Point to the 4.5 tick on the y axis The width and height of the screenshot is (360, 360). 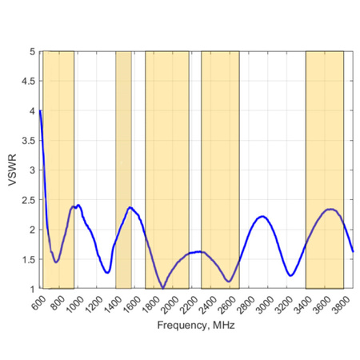pyautogui.click(x=30, y=81)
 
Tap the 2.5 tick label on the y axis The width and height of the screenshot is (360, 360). pyautogui.click(x=30, y=200)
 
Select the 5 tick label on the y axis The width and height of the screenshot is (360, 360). pyautogui.click(x=33, y=51)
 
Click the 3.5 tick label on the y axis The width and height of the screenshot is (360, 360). pyautogui.click(x=30, y=140)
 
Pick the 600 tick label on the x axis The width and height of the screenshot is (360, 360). pyautogui.click(x=37, y=302)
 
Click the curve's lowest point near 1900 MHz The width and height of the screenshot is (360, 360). pyautogui.click(x=162, y=287)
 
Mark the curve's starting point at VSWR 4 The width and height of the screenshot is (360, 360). pyautogui.click(x=40, y=110)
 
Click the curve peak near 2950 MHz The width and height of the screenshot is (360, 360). pyautogui.click(x=262, y=216)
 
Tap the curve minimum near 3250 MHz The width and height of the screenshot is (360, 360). pyautogui.click(x=291, y=275)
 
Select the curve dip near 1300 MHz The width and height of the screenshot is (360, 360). pyautogui.click(x=107, y=272)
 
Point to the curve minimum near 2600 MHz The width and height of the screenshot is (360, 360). pyautogui.click(x=229, y=281)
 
